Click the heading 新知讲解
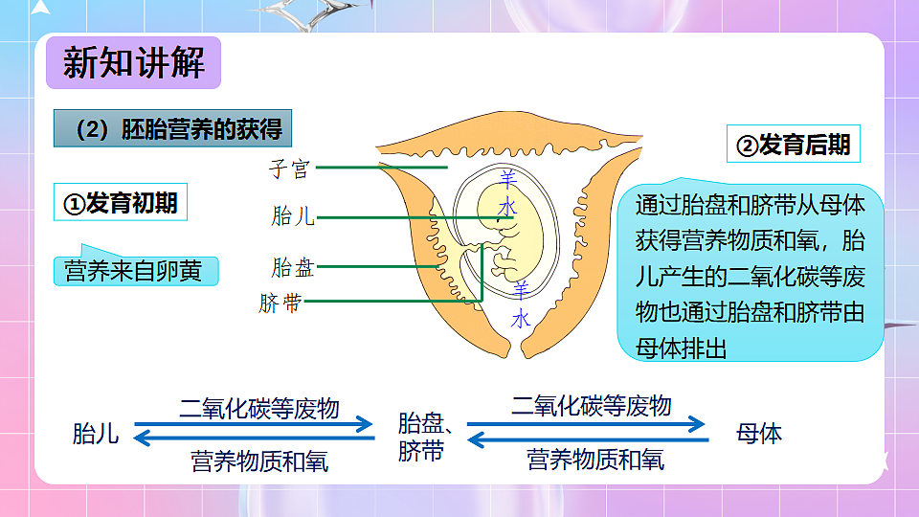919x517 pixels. click(134, 63)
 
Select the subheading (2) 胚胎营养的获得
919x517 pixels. click(172, 130)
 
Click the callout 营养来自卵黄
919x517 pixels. click(133, 271)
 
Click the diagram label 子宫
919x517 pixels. click(289, 169)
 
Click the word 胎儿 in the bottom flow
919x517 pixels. click(96, 434)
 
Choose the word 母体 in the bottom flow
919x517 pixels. click(758, 434)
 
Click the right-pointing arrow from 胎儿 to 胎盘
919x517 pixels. click(254, 423)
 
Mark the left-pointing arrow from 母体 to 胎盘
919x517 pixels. click(588, 439)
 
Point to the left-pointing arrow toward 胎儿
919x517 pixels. click(254, 439)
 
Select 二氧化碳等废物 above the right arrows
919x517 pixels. click(591, 405)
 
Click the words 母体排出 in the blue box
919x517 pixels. click(682, 346)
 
